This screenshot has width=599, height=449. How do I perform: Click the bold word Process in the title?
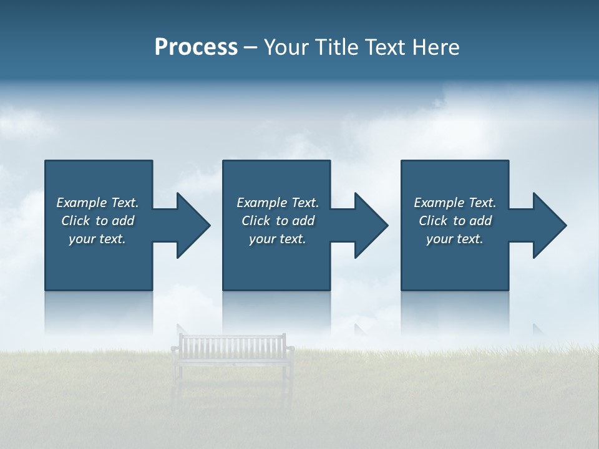tap(196, 47)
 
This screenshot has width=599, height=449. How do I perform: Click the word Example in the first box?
tap(82, 203)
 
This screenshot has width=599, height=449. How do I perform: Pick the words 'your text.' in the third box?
tap(454, 239)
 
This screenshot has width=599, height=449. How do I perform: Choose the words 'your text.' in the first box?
tap(97, 239)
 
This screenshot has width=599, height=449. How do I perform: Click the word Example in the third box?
tap(439, 203)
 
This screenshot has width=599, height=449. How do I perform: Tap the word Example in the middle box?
tap(262, 203)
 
